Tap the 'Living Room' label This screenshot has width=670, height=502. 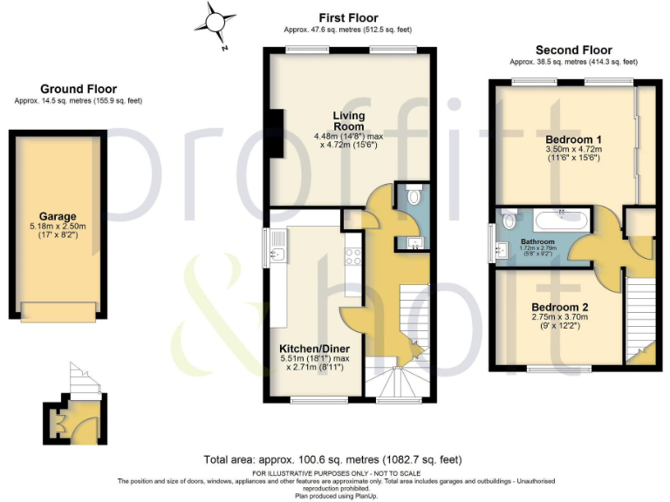pyautogui.click(x=348, y=121)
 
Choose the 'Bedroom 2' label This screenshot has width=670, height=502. pyautogui.click(x=560, y=308)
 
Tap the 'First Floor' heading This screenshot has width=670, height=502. pyautogui.click(x=348, y=17)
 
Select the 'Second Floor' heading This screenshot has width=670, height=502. pyautogui.click(x=573, y=50)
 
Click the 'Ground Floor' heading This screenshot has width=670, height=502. pyautogui.click(x=78, y=89)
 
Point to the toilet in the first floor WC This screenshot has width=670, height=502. pyautogui.click(x=414, y=196)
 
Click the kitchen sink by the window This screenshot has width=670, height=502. pyautogui.click(x=276, y=254)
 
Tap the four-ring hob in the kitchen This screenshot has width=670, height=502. pyautogui.click(x=354, y=256)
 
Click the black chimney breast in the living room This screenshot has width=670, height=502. pyautogui.click(x=276, y=135)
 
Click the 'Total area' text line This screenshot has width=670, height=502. pyautogui.click(x=332, y=459)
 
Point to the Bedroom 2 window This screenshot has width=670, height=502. pyautogui.click(x=555, y=370)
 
